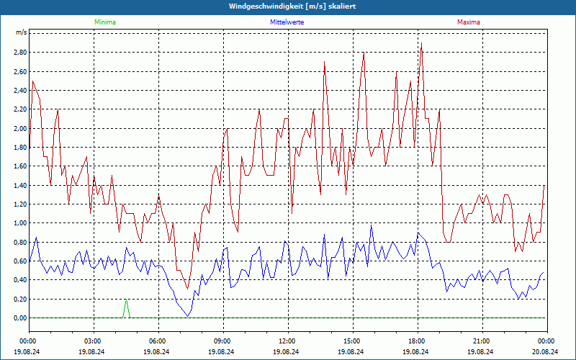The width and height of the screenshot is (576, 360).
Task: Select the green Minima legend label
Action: [104, 22]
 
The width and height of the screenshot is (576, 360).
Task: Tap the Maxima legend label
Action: [469, 22]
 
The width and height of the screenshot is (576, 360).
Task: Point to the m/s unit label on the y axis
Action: [21, 33]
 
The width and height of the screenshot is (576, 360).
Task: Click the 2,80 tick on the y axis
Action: [19, 53]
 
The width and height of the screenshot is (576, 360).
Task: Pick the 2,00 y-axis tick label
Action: [19, 128]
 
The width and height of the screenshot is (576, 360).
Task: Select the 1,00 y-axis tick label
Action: [19, 223]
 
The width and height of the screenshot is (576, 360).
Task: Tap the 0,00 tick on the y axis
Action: [19, 318]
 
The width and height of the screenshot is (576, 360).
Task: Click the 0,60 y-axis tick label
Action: [19, 261]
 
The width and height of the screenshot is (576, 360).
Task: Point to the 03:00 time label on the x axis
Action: [94, 341]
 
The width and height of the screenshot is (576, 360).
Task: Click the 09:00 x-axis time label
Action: [222, 341]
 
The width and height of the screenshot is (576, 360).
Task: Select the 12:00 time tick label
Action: [287, 341]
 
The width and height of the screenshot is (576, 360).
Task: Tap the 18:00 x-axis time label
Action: [417, 341]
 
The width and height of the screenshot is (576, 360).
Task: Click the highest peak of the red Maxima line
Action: [421, 43]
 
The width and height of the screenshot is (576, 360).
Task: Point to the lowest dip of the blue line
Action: [188, 315]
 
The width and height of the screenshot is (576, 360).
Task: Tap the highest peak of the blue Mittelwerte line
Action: [372, 226]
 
